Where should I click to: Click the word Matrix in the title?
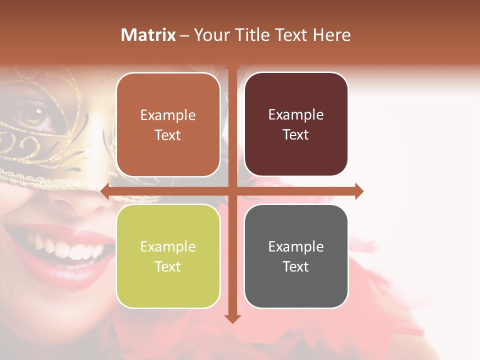(x=148, y=35)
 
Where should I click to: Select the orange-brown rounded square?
(x=168, y=125)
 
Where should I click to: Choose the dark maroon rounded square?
(x=296, y=125)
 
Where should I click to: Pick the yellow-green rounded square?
(x=168, y=256)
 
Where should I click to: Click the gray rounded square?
(x=296, y=256)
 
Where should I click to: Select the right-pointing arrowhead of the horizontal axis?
(x=358, y=191)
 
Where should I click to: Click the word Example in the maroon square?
(x=296, y=115)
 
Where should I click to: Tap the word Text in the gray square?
(x=296, y=266)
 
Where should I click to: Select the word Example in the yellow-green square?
(x=168, y=246)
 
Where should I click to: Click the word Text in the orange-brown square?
(x=168, y=135)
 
